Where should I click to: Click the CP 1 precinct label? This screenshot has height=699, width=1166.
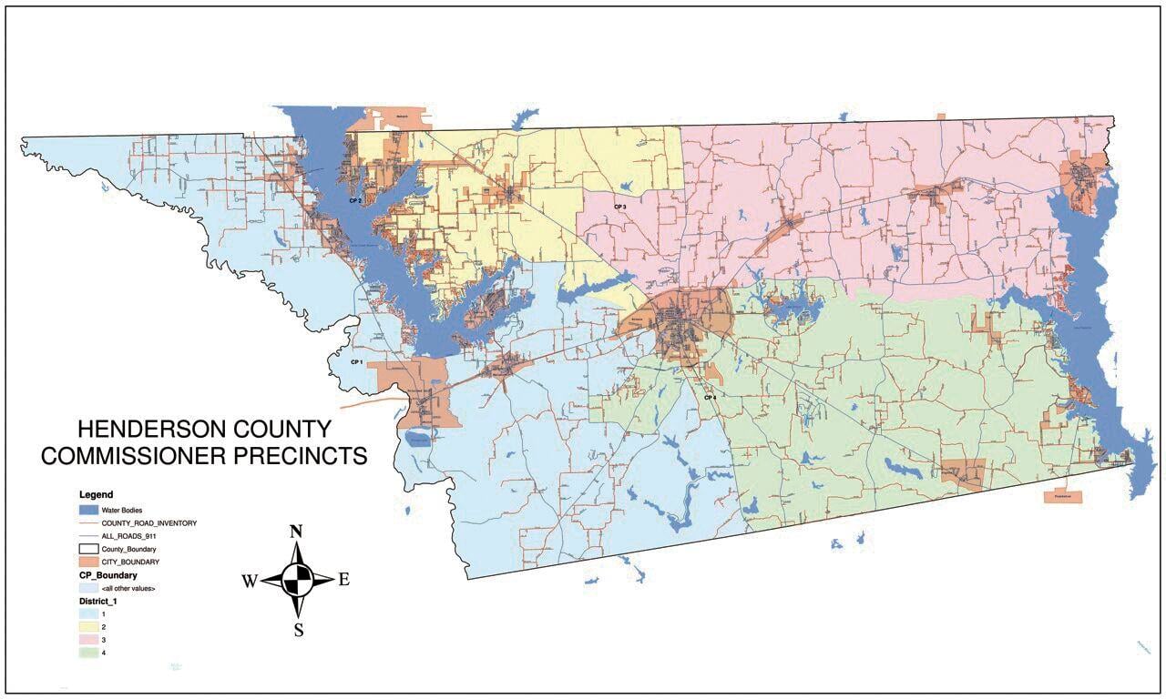(356, 361)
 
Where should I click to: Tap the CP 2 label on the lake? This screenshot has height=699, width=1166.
(355, 199)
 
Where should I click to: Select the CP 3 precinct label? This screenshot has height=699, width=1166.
(619, 207)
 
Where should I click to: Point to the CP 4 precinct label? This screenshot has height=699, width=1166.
(710, 397)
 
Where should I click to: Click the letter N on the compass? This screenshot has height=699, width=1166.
(296, 532)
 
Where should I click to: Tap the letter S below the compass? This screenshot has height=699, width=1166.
(298, 630)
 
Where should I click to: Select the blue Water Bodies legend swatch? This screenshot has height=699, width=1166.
(87, 510)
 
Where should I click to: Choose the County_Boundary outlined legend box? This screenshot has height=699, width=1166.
(87, 550)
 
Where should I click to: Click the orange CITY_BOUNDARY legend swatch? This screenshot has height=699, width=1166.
(87, 562)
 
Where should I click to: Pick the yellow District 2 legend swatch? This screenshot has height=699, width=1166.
(87, 627)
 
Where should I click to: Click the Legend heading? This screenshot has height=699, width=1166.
(96, 494)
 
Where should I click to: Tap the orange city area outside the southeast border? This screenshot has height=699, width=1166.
(1063, 497)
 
